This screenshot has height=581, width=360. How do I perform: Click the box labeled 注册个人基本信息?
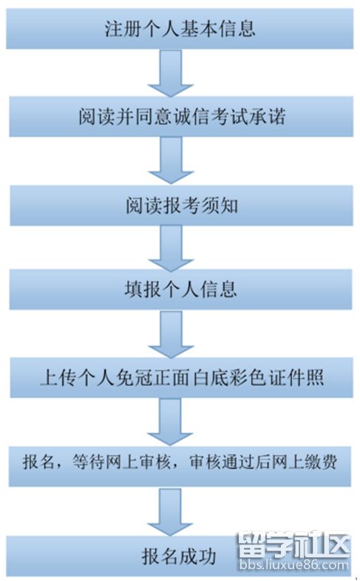point(180,29)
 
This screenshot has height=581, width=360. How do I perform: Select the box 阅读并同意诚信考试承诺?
point(181,116)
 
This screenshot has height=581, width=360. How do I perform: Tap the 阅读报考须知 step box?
point(181,205)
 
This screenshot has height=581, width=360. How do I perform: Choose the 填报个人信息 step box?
point(180,289)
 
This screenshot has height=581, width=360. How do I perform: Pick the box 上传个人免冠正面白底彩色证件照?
point(181,378)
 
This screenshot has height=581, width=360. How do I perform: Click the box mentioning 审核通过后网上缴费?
point(180,466)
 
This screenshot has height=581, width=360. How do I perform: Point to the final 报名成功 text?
point(178,557)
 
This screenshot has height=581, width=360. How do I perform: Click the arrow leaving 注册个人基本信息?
point(171,72)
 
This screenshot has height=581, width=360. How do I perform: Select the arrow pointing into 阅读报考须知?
point(171,160)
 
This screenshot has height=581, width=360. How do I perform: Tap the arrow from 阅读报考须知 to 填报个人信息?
point(171,248)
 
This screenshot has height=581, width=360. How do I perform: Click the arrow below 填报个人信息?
point(171,333)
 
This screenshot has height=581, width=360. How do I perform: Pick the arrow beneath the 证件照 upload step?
point(170,421)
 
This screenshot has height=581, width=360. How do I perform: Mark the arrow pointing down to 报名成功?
point(170,512)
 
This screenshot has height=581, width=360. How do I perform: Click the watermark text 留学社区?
point(294,545)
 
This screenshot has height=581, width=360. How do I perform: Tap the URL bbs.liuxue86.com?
point(294,565)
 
